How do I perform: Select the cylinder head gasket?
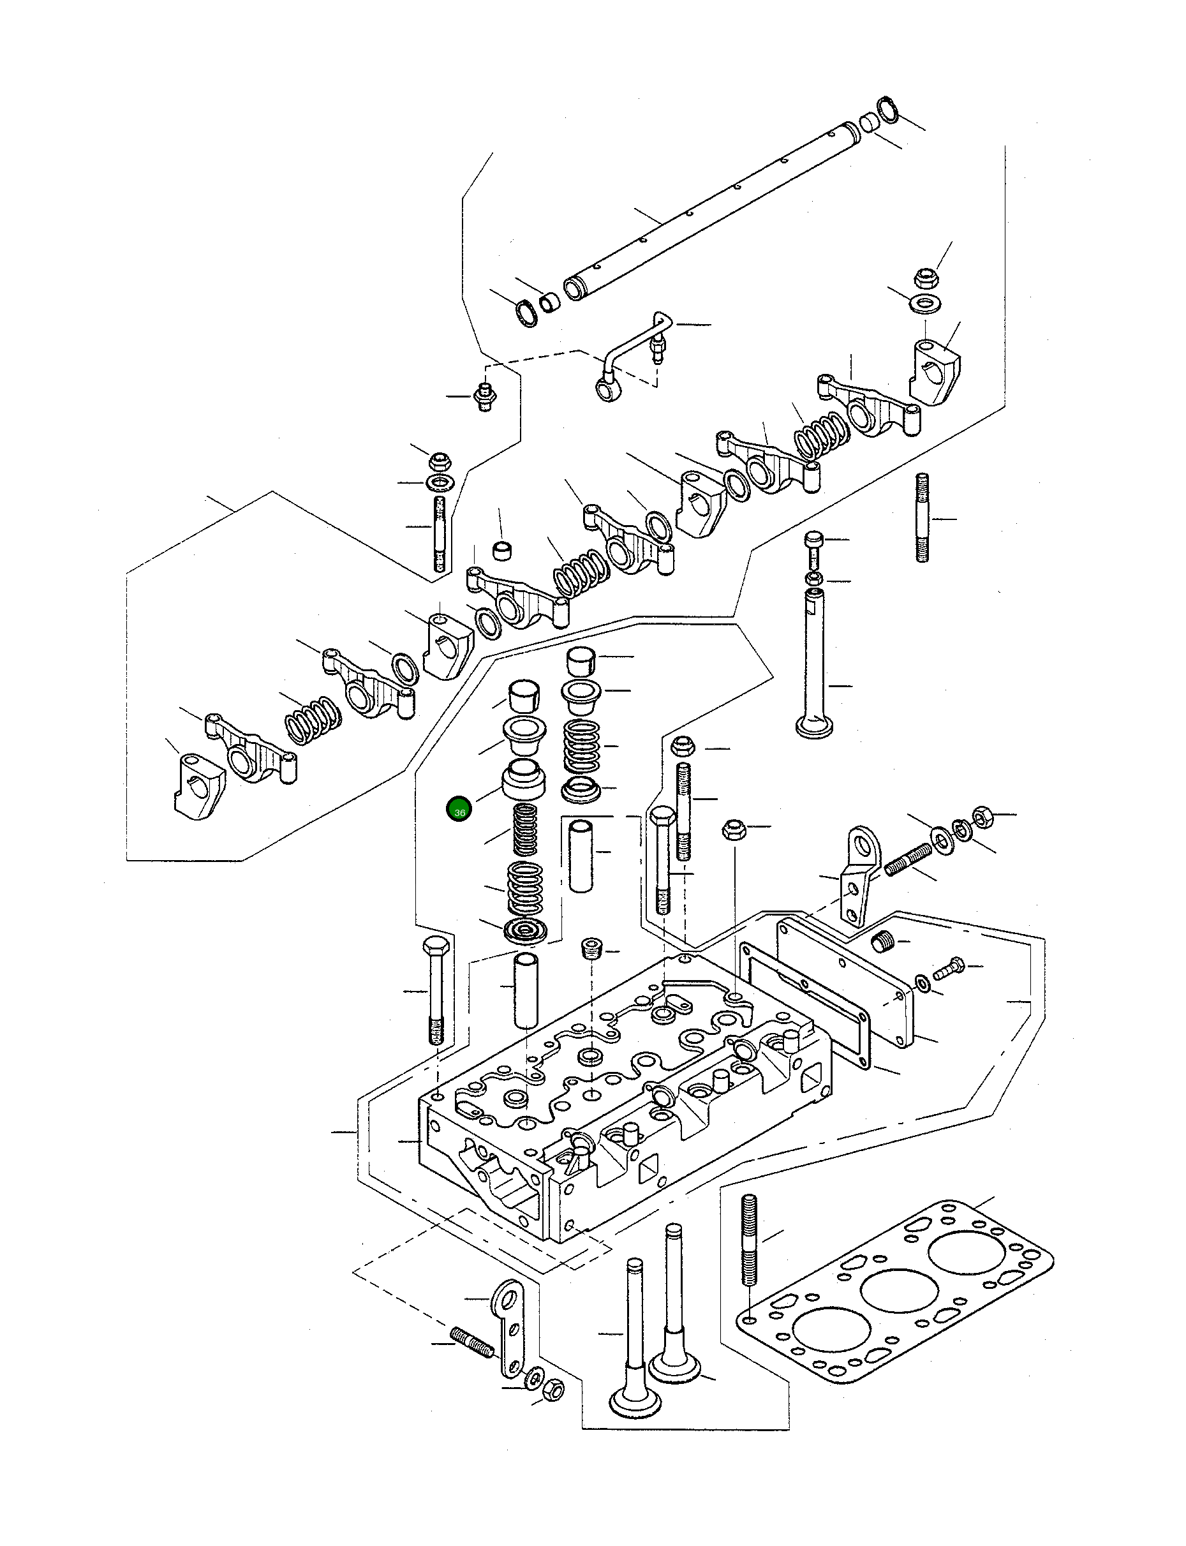(x=896, y=1291)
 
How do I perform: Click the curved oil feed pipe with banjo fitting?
(x=628, y=353)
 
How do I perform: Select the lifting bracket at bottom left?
(x=512, y=1327)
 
